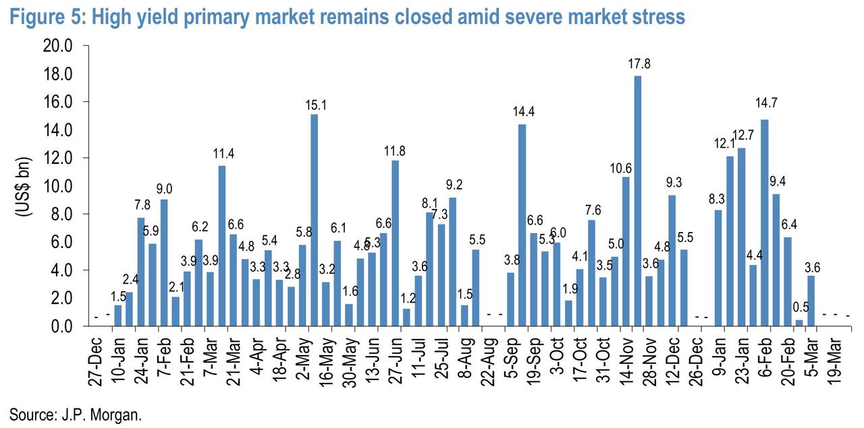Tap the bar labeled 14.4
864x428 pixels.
(522, 225)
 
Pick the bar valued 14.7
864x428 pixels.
(764, 223)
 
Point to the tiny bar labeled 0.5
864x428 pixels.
(799, 323)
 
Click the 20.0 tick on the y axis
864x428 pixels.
(59, 46)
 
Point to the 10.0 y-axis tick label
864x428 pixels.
(59, 186)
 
